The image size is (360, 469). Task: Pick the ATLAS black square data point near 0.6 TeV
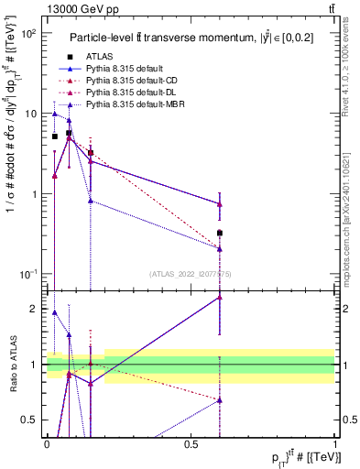220,234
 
